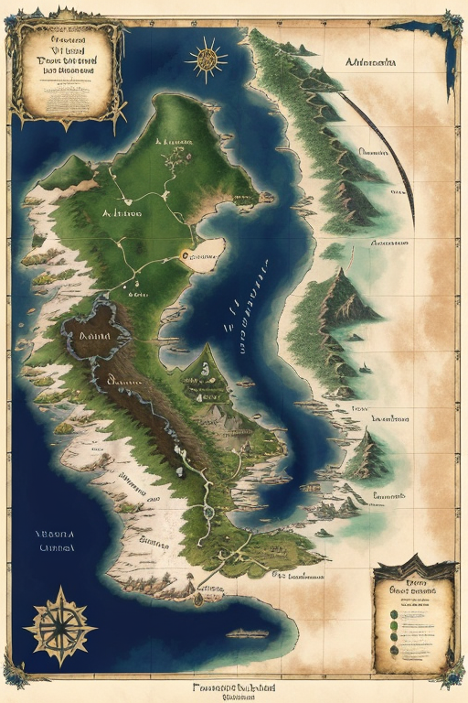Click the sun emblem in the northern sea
pos(206,59)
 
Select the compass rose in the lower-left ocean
pos(59,626)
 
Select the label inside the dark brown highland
pos(95,336)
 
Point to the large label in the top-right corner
pos(371,63)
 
